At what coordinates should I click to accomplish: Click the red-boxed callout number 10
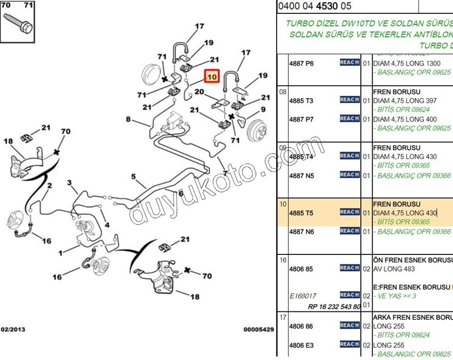pos(212,77)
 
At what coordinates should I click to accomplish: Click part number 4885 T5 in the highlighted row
pos(301,213)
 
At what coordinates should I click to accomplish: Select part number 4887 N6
pos(301,231)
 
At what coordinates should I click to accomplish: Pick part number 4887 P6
pos(301,63)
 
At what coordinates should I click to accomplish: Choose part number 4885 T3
pos(301,100)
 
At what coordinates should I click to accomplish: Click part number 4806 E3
pos(301,345)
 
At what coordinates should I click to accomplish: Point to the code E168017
pos(303,295)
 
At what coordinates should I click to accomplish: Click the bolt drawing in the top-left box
pos(19,22)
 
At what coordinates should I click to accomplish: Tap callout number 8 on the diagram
pos(128,119)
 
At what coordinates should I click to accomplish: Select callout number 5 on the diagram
pos(134,177)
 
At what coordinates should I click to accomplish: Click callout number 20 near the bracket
pos(199,92)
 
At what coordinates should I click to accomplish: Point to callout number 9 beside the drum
pos(262,110)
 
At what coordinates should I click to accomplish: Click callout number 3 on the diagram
pos(69,183)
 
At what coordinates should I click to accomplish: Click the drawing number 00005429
pos(258,330)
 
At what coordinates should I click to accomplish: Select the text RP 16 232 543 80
pos(334,306)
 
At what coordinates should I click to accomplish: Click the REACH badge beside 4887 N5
pos(350,174)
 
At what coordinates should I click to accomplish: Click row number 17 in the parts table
pos(282,317)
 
